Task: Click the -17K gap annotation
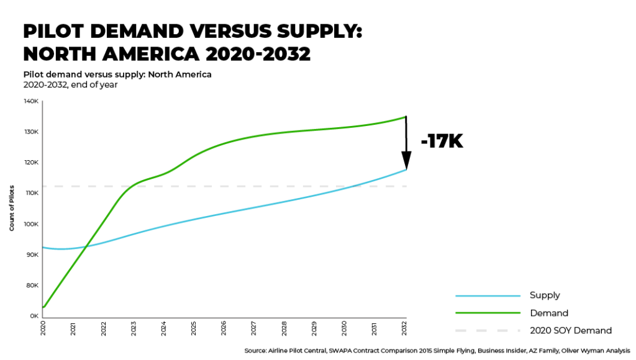click(442, 142)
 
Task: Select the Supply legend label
click(544, 295)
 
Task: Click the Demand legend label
click(548, 313)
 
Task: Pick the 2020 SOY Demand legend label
click(570, 330)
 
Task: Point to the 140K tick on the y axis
click(32, 101)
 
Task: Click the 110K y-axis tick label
click(32, 193)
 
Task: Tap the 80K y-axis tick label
click(32, 286)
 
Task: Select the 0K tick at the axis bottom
click(34, 316)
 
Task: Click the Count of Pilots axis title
click(12, 209)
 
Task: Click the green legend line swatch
click(488, 313)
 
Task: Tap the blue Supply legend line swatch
click(488, 295)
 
